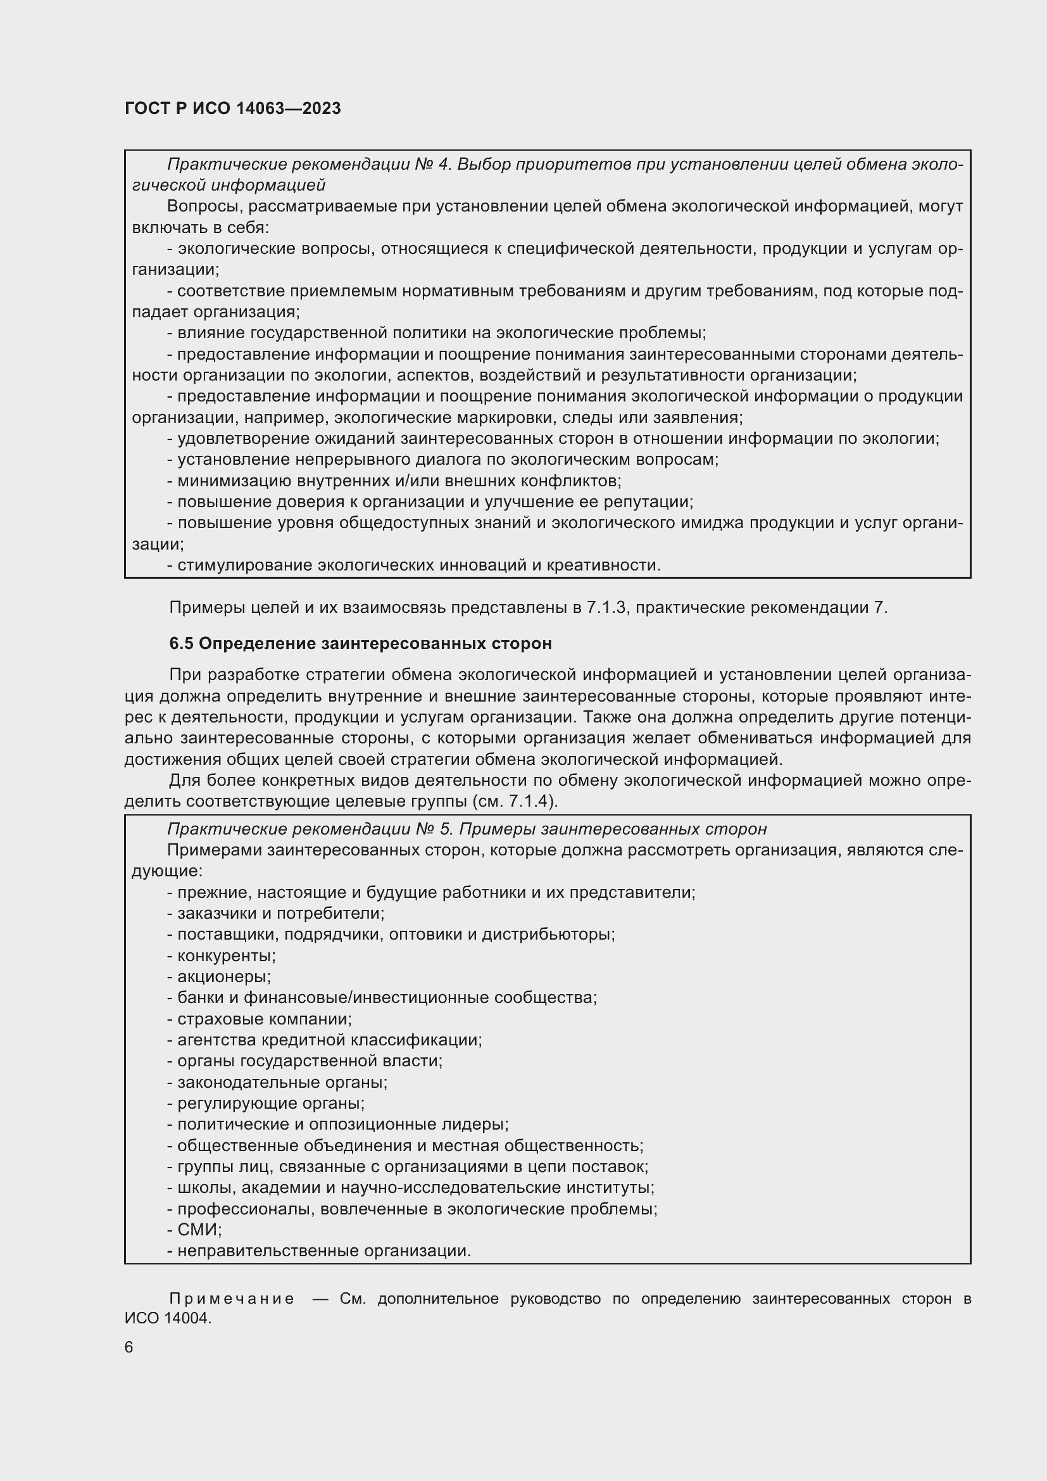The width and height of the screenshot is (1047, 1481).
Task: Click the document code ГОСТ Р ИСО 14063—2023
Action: pos(233,108)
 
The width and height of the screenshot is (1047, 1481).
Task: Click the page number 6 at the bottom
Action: pos(129,1347)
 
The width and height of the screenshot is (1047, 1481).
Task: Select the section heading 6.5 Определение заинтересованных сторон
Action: pos(360,643)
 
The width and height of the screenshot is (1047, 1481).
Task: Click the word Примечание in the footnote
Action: pos(232,1299)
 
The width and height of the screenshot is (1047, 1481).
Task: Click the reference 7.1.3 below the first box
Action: pos(606,608)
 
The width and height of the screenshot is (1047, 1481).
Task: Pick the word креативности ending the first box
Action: pos(603,565)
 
